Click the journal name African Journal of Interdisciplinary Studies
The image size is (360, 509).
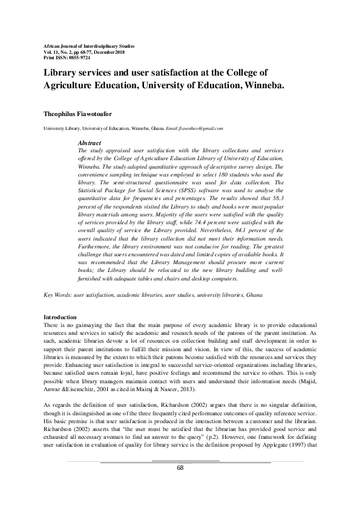(90, 46)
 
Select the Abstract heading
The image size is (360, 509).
(90, 143)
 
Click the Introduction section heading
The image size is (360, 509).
(61, 317)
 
